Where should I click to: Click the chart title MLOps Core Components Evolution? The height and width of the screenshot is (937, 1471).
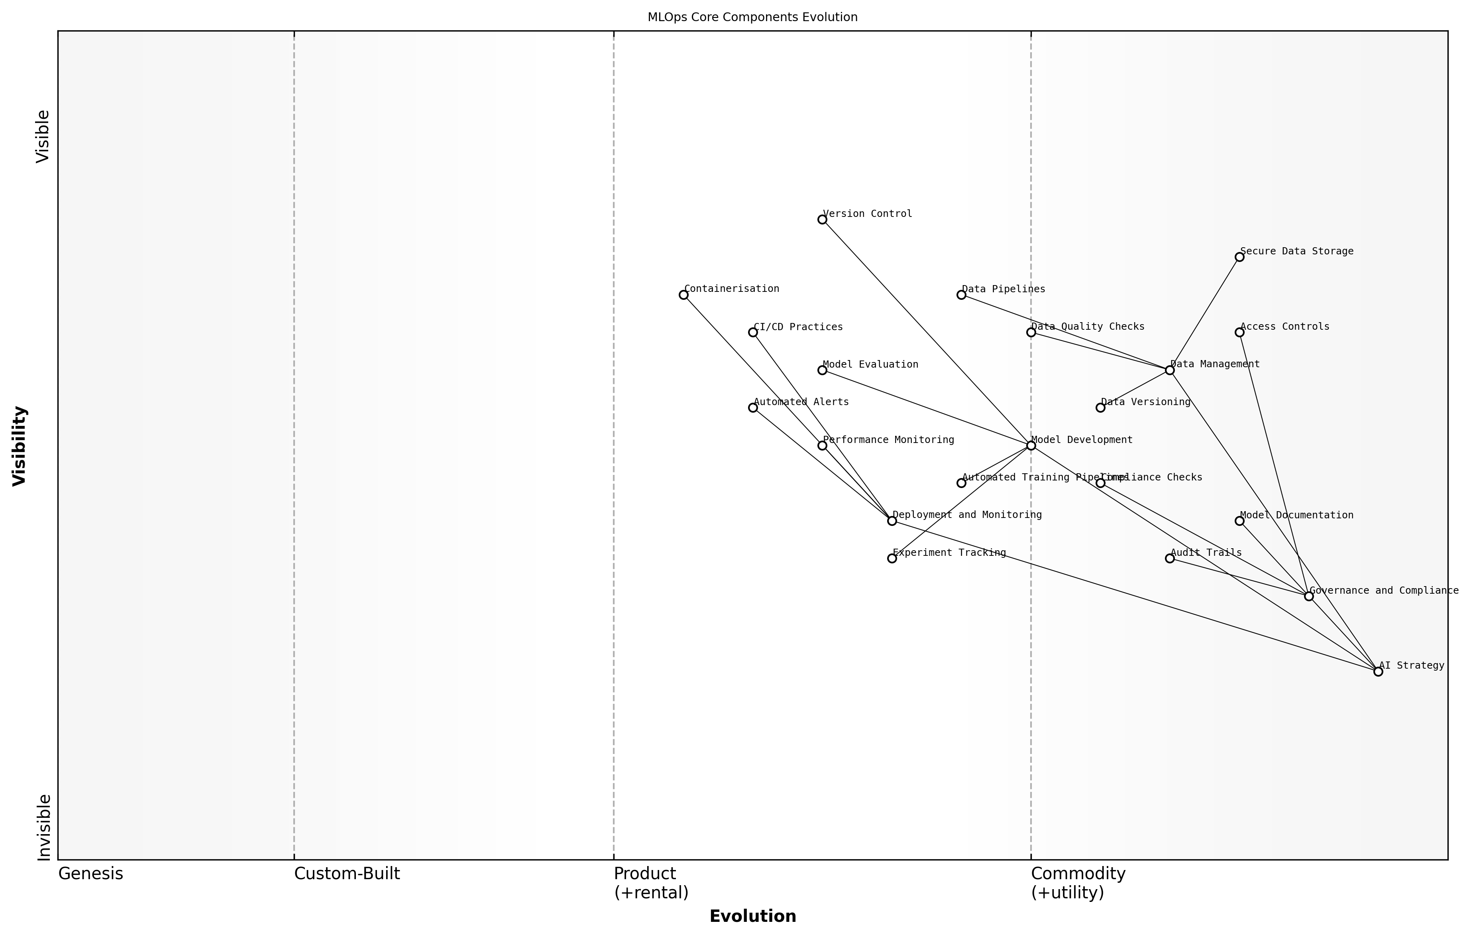(x=752, y=17)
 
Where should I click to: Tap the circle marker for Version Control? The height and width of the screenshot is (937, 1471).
(x=822, y=219)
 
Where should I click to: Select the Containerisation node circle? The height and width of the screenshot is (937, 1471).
(x=683, y=295)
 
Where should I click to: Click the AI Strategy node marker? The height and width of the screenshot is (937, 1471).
(x=1378, y=671)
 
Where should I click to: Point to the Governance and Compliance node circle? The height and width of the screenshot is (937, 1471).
(x=1308, y=596)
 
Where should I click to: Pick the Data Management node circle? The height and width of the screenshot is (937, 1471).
(x=1170, y=370)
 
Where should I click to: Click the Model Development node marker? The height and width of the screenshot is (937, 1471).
(x=1031, y=445)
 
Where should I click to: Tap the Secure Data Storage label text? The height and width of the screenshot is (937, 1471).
(x=1297, y=251)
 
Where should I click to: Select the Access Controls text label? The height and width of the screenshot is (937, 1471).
(x=1284, y=327)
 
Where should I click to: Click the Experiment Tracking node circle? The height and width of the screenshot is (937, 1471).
(x=892, y=558)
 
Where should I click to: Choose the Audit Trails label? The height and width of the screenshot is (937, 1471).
(x=1206, y=553)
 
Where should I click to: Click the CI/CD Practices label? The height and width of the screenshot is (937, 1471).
(x=798, y=327)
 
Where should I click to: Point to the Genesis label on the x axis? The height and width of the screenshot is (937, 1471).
(x=90, y=874)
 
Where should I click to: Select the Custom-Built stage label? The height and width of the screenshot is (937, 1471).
(x=347, y=874)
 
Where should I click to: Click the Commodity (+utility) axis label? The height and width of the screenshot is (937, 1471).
(x=1078, y=883)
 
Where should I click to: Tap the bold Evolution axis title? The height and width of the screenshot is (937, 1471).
(x=752, y=916)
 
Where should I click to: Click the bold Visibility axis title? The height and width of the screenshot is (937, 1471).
(x=20, y=446)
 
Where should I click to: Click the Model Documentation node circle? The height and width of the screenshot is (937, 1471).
(x=1239, y=521)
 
